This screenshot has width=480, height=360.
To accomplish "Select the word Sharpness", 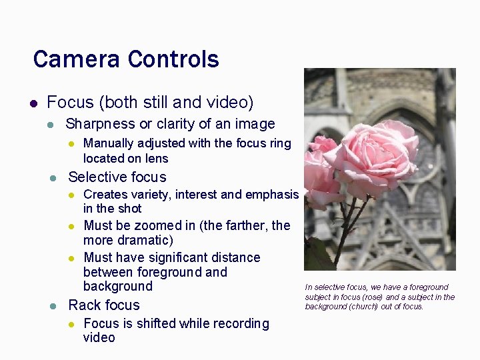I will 99,125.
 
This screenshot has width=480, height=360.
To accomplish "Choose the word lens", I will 155,159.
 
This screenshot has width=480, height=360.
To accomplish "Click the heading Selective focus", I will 117,177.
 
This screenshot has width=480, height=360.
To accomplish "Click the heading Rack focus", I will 104,305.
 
